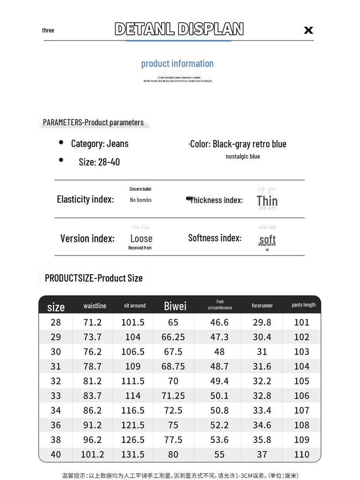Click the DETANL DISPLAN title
pyautogui.click(x=179, y=29)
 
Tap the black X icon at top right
pyautogui.click(x=308, y=30)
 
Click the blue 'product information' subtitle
pyautogui.click(x=177, y=63)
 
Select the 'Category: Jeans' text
pyautogui.click(x=99, y=143)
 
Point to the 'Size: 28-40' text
pyautogui.click(x=99, y=162)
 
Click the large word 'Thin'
pyautogui.click(x=267, y=201)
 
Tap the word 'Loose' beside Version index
pyautogui.click(x=141, y=238)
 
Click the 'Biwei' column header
pyautogui.click(x=175, y=306)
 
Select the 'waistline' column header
pyautogui.click(x=95, y=306)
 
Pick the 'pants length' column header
pyautogui.click(x=303, y=305)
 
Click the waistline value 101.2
pyautogui.click(x=92, y=454)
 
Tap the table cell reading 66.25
pyautogui.click(x=173, y=337)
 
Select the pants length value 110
pyautogui.click(x=302, y=454)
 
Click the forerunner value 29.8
pyautogui.click(x=262, y=322)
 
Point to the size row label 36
pyautogui.click(x=55, y=425)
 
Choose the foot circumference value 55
pyautogui.click(x=219, y=454)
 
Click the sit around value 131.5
pyautogui.click(x=133, y=454)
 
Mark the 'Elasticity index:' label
pyautogui.click(x=85, y=199)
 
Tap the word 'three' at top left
pyautogui.click(x=48, y=30)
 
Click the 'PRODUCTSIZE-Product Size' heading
pyautogui.click(x=94, y=278)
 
